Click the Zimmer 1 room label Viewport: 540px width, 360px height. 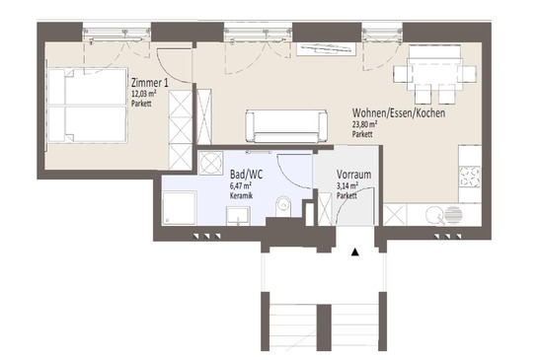(150, 83)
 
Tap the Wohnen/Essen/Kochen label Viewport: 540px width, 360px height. (399, 112)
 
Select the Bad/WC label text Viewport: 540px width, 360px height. (246, 175)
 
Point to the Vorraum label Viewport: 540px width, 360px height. (354, 175)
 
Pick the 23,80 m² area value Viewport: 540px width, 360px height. (364, 124)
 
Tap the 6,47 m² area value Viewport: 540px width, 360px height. (240, 186)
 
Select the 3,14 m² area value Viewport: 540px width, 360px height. (347, 186)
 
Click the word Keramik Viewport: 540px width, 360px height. (241, 196)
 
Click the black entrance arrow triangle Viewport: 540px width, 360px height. (355, 252)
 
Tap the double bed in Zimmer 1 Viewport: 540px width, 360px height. (88, 106)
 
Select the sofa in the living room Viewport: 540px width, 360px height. (286, 126)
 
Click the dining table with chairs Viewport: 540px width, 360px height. (434, 75)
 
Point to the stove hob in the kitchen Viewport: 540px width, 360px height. (470, 177)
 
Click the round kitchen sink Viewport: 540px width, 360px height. (432, 215)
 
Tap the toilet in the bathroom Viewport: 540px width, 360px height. (283, 206)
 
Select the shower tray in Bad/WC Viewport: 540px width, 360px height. (179, 208)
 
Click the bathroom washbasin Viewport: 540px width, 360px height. (238, 216)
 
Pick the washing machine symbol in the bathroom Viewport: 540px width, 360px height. (210, 163)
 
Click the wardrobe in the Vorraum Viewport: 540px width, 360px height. (325, 209)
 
